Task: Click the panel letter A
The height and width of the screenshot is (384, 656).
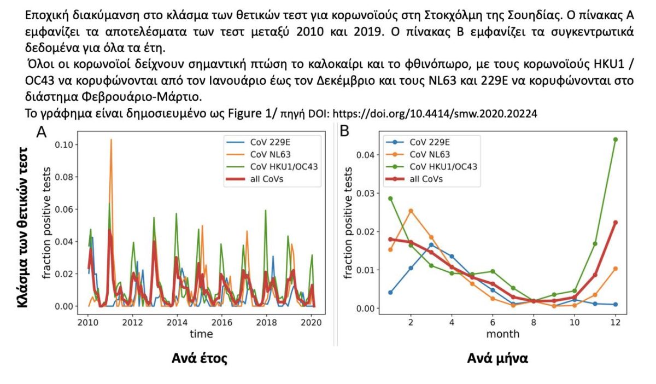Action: click(x=41, y=132)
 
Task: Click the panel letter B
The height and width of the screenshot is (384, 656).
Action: click(x=345, y=132)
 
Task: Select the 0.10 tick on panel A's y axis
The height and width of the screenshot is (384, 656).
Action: click(x=68, y=144)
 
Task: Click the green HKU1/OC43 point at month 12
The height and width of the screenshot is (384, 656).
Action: click(x=616, y=139)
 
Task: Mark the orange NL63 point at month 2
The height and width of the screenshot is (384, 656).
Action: click(x=411, y=211)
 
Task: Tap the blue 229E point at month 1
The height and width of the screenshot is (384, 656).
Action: click(x=390, y=293)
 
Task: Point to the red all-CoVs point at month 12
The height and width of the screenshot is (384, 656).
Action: click(x=616, y=223)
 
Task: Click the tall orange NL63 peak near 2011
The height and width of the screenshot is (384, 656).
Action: click(x=111, y=140)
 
